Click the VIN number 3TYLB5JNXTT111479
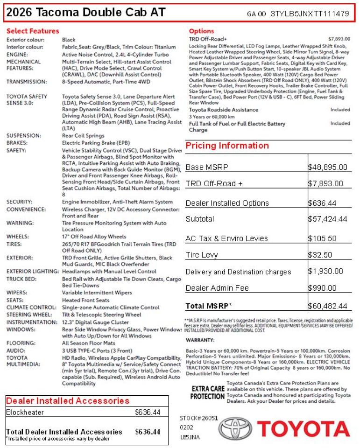(x=310, y=14)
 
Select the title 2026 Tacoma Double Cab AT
(x=86, y=13)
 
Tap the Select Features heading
(x=33, y=31)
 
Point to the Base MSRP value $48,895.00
(x=328, y=167)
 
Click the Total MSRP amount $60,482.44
(x=328, y=306)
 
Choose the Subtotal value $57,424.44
(x=328, y=218)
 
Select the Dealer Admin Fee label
(x=217, y=288)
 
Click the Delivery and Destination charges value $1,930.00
(x=325, y=271)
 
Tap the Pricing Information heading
(x=227, y=146)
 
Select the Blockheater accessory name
(x=25, y=412)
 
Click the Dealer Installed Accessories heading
(x=68, y=401)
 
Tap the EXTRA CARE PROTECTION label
(x=207, y=392)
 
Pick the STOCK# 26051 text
(x=199, y=418)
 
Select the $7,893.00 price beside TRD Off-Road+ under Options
(x=339, y=39)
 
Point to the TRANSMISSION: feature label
(x=27, y=82)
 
